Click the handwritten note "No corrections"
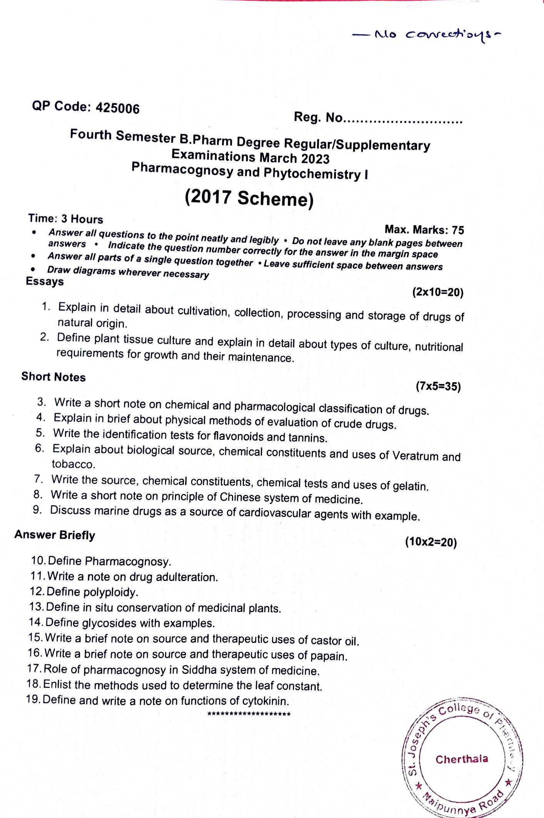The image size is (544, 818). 427,35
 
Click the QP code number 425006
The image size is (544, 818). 117,108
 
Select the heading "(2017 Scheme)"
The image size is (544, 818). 249,198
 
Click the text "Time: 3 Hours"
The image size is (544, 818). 65,219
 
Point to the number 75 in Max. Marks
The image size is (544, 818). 458,230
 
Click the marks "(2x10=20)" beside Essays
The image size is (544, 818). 438,292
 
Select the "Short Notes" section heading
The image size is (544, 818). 53,377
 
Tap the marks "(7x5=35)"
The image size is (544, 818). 438,386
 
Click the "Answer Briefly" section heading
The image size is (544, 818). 55,535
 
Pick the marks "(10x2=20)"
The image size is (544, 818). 431,542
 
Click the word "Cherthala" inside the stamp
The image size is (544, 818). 462,759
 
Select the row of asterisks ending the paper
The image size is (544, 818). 249,714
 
